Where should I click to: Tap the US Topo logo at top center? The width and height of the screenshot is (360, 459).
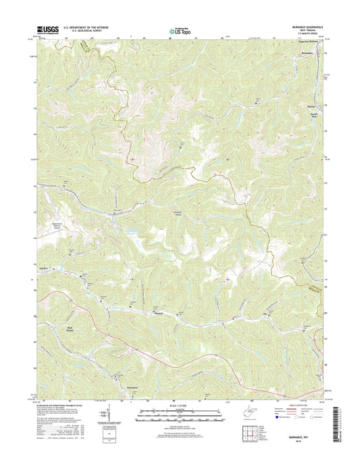[x=179, y=30]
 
